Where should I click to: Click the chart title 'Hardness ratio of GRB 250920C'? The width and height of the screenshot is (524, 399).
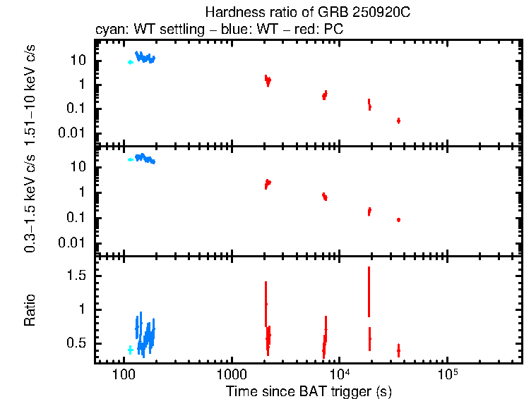(x=308, y=13)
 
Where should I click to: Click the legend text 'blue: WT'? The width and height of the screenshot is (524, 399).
(x=241, y=30)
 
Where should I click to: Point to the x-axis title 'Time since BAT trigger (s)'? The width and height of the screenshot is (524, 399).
(x=309, y=391)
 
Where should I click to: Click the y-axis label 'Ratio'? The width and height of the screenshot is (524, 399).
(x=30, y=310)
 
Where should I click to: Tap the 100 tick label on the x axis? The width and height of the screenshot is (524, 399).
(x=124, y=374)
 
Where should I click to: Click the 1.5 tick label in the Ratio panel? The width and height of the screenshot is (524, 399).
(x=76, y=276)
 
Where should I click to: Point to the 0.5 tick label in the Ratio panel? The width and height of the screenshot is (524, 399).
(x=76, y=343)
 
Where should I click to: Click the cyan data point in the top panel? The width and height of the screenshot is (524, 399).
(x=130, y=62)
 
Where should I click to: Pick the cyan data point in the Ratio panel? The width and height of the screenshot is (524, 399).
(x=130, y=350)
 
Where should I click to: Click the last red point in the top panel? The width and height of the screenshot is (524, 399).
(x=398, y=121)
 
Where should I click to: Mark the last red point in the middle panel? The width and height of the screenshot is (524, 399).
(x=398, y=220)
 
